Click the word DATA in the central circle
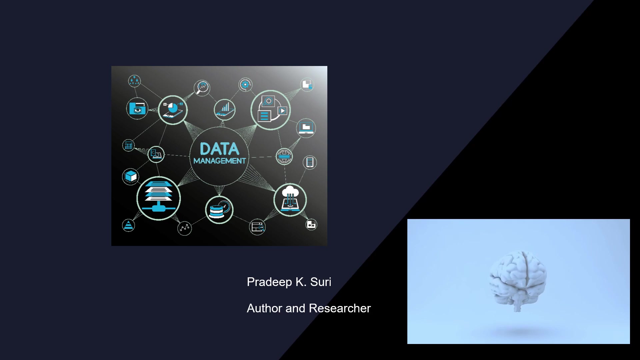(219, 149)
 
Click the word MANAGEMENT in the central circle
(219, 161)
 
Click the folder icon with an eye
(137, 108)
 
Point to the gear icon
(245, 85)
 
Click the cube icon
(131, 176)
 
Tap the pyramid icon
(128, 226)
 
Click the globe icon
(284, 156)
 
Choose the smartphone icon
(310, 162)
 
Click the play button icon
(282, 111)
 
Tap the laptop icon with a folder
(306, 128)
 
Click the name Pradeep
(269, 282)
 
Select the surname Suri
(321, 282)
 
